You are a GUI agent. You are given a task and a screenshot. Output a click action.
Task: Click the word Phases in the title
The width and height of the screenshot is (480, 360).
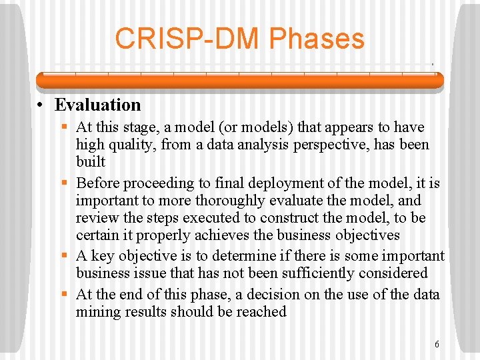coord(317,39)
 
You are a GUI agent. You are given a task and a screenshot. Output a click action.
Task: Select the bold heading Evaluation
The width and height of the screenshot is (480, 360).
coord(98,105)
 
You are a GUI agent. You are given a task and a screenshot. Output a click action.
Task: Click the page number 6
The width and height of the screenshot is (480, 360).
coord(437,345)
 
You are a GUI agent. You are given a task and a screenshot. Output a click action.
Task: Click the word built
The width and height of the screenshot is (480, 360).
coord(91,162)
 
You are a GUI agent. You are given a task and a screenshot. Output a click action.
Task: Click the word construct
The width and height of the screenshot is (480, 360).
coord(289,218)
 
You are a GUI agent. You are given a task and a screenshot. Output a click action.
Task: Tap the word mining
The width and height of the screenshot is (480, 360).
coord(97,312)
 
